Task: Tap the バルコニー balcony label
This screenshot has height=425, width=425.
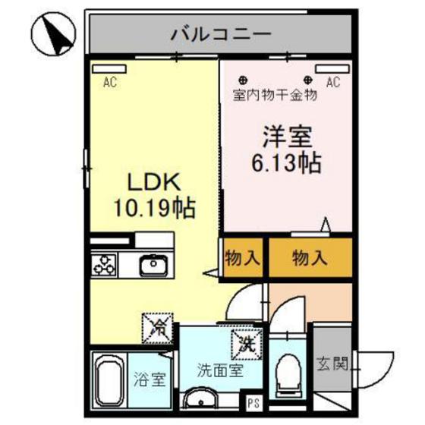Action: click(221, 33)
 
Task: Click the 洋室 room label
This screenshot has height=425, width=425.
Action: click(285, 138)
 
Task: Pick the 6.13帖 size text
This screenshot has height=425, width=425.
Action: click(285, 162)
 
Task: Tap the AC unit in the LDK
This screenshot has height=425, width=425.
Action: click(109, 69)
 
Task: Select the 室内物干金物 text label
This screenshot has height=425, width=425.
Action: click(274, 96)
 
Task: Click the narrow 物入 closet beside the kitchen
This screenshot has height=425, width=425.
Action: click(241, 259)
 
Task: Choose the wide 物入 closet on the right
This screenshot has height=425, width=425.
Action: click(310, 259)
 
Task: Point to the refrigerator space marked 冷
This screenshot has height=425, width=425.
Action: click(158, 328)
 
